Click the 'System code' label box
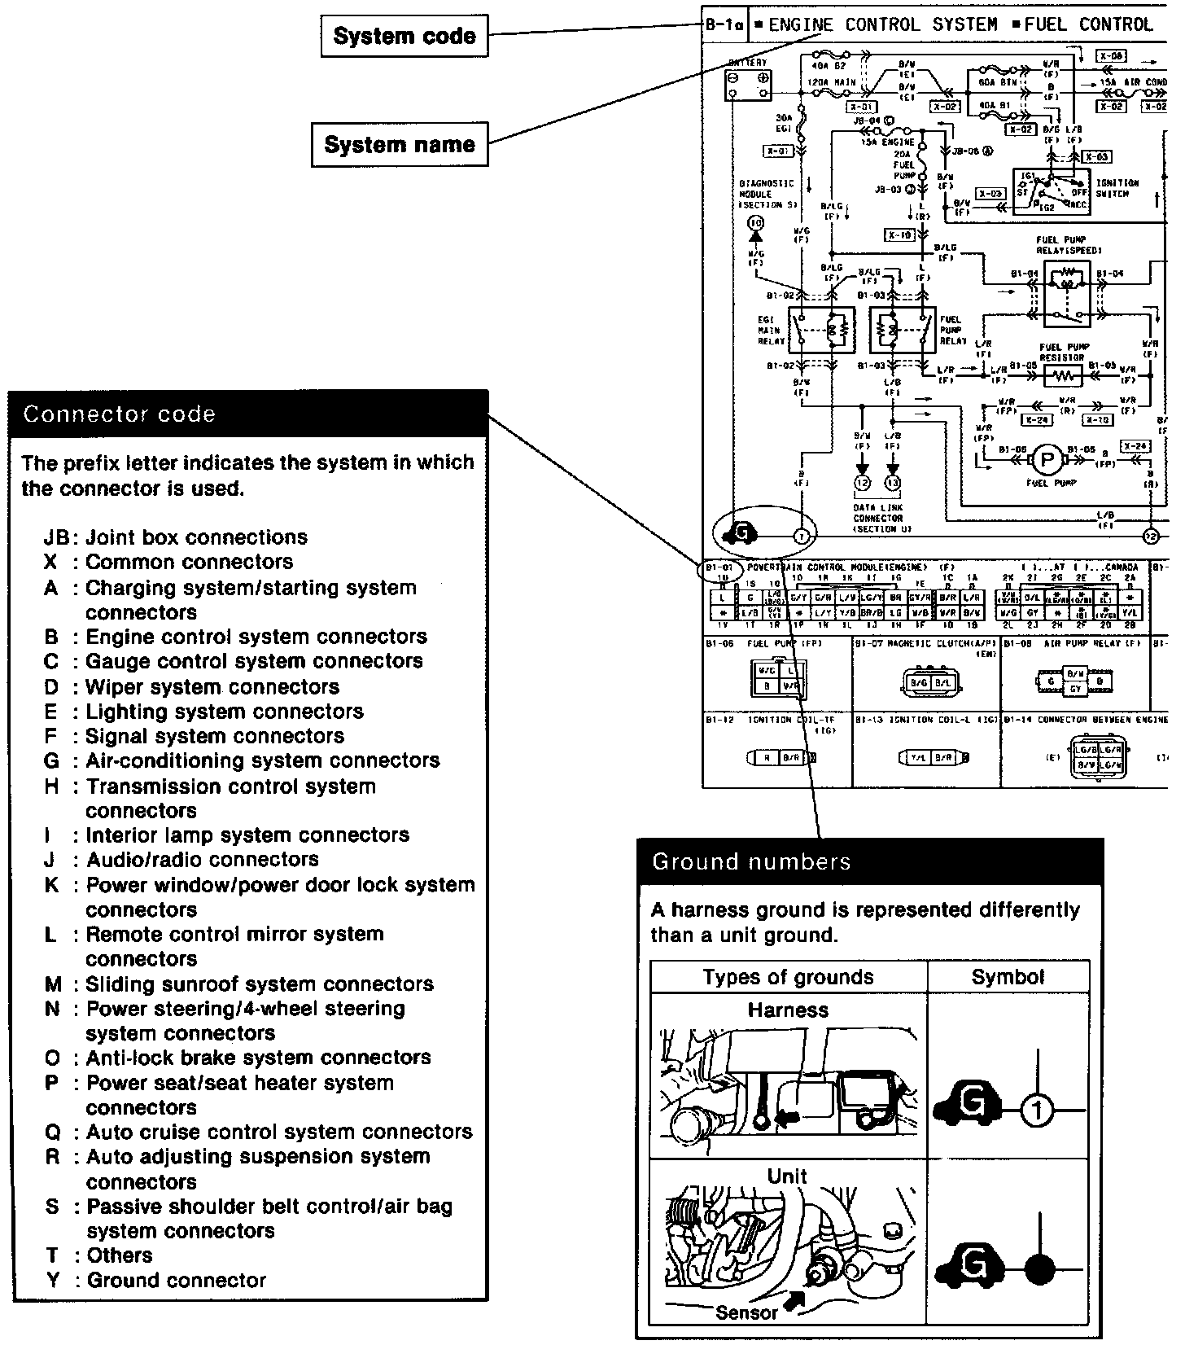point(404,37)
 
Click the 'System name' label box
point(400,145)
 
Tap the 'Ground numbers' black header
point(869,861)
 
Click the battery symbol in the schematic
point(748,84)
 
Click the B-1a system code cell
point(724,25)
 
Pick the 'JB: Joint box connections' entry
point(176,537)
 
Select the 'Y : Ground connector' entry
point(156,1281)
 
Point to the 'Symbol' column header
point(1008,977)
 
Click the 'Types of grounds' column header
point(788,977)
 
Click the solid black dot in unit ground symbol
point(1039,1268)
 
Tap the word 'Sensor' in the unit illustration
point(746,1312)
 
